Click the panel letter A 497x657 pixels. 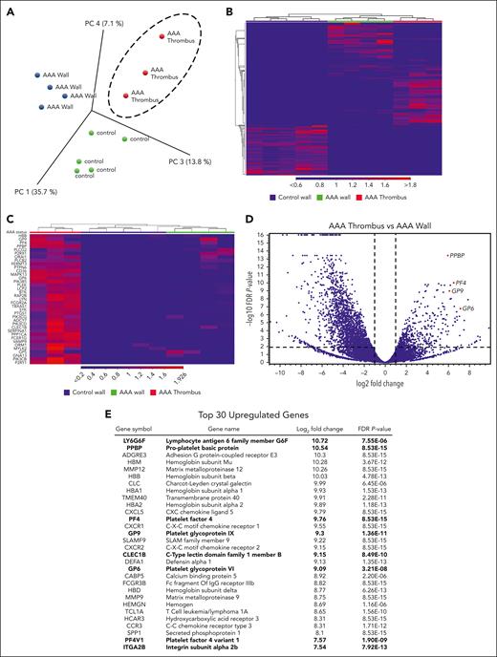(9, 9)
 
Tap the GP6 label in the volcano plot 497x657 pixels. (467, 308)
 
